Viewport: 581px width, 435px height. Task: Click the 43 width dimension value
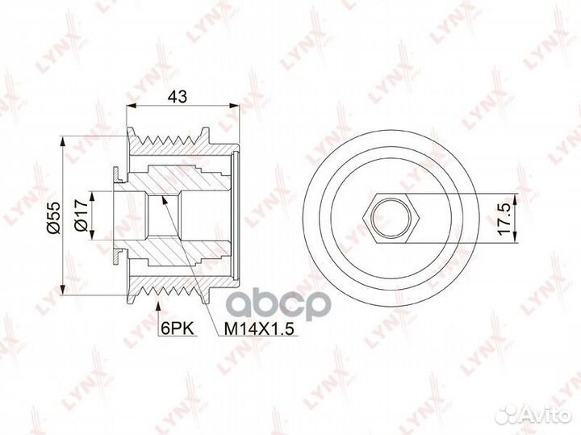point(180,97)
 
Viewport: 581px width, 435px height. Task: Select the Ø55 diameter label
point(49,216)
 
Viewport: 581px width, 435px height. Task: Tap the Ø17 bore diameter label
point(80,216)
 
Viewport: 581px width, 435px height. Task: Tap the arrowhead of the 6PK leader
point(158,304)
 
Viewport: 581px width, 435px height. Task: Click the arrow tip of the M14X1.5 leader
point(165,199)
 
